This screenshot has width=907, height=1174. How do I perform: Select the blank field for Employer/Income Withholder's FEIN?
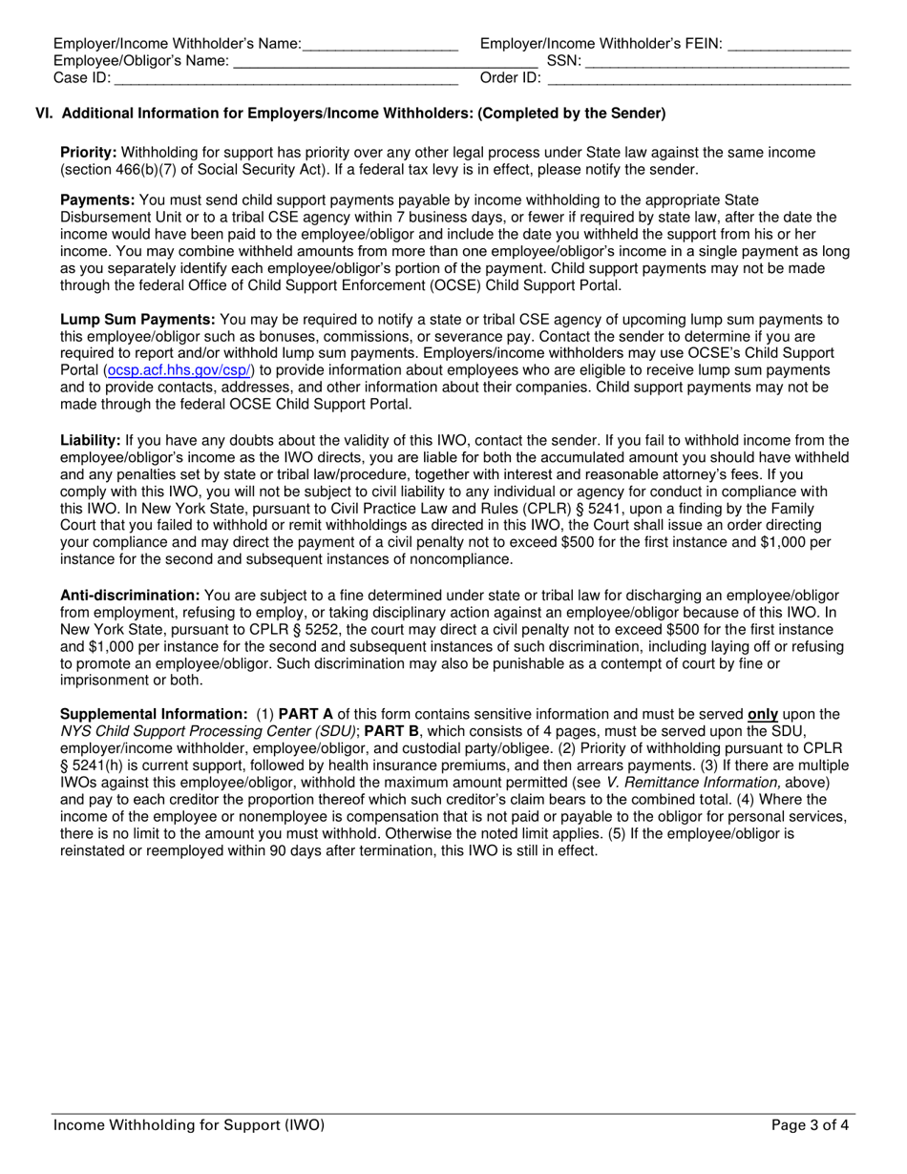[789, 45]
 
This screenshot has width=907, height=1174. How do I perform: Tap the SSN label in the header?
[563, 61]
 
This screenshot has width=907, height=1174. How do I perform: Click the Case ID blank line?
[286, 79]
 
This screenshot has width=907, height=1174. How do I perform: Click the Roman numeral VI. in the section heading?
[45, 114]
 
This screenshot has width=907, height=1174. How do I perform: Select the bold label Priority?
[89, 153]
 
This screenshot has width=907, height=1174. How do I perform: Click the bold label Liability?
[90, 440]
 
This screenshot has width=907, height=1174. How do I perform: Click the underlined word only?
[762, 714]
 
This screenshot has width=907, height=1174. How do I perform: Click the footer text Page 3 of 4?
[810, 1124]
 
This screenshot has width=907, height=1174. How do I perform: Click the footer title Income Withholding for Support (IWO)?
[189, 1124]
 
